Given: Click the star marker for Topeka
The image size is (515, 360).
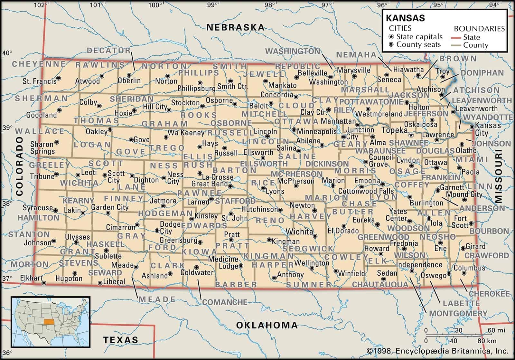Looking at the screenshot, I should [411, 135].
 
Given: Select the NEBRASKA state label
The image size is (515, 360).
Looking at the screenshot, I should [235, 27].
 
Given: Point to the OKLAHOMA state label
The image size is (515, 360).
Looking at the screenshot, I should [267, 325].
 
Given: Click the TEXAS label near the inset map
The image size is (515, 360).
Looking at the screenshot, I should [121, 339].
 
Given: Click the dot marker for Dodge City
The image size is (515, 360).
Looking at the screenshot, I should [157, 231].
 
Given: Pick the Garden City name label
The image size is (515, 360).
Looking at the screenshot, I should [110, 207].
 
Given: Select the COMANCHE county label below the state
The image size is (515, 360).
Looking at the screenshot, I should [225, 302].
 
